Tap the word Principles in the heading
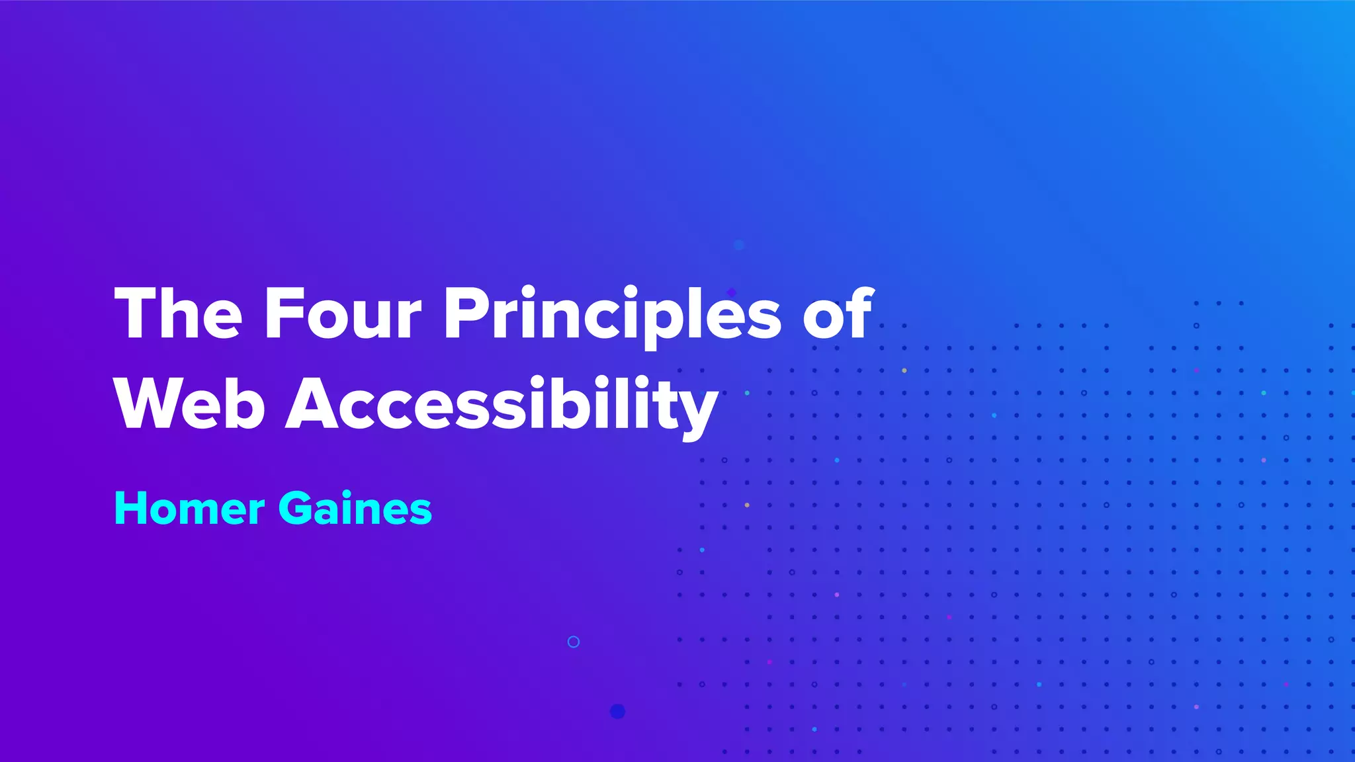pyautogui.click(x=613, y=315)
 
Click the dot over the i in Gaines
pyautogui.click(x=356, y=492)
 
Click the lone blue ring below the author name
pyautogui.click(x=574, y=642)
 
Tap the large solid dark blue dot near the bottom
pyautogui.click(x=617, y=711)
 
